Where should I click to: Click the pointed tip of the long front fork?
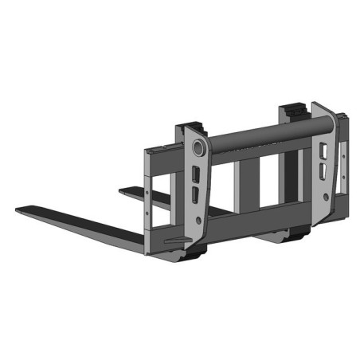coord(18,210)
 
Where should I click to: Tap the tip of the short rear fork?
coord(122,190)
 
